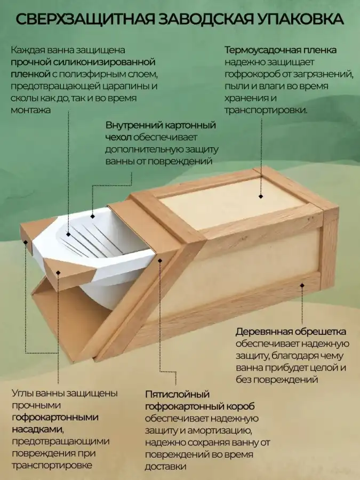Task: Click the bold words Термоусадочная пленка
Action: click(281, 50)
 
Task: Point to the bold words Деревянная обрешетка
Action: click(291, 332)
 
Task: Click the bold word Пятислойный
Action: click(177, 394)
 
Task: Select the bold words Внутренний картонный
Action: click(161, 125)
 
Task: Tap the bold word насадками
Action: click(38, 429)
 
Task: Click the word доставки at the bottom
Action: click(166, 467)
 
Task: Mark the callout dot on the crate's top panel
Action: click(261, 196)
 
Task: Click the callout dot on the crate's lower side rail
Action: click(302, 285)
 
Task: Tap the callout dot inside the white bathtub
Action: click(68, 235)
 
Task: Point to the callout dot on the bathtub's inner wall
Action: click(92, 217)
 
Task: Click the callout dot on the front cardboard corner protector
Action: click(58, 273)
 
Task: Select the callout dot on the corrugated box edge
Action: click(160, 260)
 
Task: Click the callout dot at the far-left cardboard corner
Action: click(26, 242)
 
